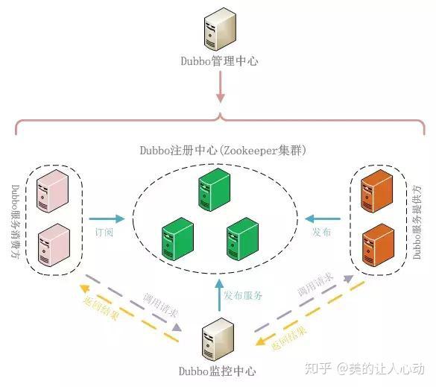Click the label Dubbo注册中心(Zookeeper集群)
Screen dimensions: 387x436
click(218, 150)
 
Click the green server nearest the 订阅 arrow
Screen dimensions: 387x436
click(177, 238)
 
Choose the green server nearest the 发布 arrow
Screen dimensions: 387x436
click(242, 238)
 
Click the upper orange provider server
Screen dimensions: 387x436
click(376, 193)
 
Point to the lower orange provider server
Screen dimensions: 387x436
click(376, 247)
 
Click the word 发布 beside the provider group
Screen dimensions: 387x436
click(322, 232)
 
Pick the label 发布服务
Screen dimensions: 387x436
click(244, 295)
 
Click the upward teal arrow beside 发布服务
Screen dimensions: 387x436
click(218, 295)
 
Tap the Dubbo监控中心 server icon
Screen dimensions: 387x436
click(218, 340)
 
